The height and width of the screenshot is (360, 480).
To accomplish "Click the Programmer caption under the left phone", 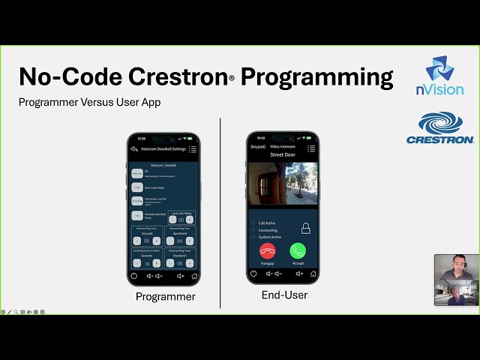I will coord(165,296).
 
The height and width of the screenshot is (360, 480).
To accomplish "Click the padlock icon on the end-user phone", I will coord(305,229).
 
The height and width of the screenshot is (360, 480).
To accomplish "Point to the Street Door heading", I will coord(283,155).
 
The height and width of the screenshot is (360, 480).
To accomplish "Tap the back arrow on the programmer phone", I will coord(134,149).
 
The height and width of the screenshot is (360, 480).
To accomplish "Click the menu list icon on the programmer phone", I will coord(193,149).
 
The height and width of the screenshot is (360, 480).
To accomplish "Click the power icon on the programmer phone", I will coord(134,275).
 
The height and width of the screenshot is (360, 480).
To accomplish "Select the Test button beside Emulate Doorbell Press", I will coord(137,215).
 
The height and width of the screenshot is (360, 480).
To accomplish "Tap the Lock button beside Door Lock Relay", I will coord(137,187).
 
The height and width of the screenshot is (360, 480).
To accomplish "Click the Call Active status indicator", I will coord(253,223).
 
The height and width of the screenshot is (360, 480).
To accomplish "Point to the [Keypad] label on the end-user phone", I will coord(258,148).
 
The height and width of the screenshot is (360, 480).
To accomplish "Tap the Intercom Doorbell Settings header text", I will coord(163,149).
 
